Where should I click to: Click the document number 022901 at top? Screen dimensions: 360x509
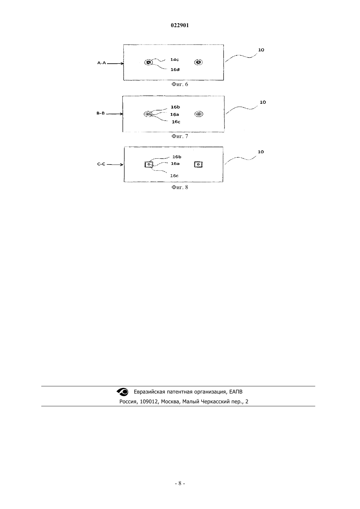click(x=180, y=25)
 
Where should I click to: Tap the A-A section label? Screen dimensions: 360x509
click(x=101, y=63)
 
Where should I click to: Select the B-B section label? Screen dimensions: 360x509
click(x=101, y=113)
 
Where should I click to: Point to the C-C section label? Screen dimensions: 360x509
click(x=101, y=164)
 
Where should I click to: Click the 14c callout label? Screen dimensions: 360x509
click(x=174, y=60)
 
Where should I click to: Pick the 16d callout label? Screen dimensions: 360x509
click(x=175, y=70)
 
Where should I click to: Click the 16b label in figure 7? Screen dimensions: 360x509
click(x=175, y=107)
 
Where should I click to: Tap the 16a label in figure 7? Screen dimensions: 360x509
click(x=174, y=114)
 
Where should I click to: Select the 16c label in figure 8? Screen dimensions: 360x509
click(x=174, y=176)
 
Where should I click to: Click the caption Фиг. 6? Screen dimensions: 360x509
click(x=180, y=84)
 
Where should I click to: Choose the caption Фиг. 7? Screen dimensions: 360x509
click(x=180, y=136)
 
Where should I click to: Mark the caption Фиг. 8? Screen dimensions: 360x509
click(x=180, y=187)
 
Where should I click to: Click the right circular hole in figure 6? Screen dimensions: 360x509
click(x=198, y=62)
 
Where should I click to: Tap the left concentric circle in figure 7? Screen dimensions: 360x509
click(x=148, y=114)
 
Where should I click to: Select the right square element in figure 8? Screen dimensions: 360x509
click(x=198, y=164)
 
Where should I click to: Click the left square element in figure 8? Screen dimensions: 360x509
click(x=149, y=164)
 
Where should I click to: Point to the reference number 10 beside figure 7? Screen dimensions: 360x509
click(x=263, y=102)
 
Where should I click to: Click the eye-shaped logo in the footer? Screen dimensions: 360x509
click(x=122, y=392)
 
